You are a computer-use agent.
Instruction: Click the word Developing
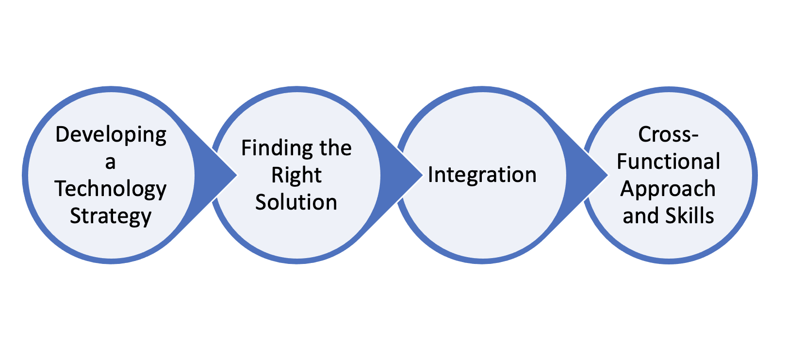[x=111, y=135]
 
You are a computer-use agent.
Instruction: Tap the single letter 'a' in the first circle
[x=111, y=163]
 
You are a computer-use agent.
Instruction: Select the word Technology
[x=111, y=189]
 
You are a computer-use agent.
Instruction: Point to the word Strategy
[x=111, y=216]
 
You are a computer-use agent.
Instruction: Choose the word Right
[x=296, y=175]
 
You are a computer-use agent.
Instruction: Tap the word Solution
[x=296, y=202]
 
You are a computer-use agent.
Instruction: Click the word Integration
[x=482, y=175]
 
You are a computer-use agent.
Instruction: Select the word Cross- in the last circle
[x=668, y=134]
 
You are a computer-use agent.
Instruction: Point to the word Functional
[x=668, y=162]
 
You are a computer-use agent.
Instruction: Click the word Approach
[x=668, y=189]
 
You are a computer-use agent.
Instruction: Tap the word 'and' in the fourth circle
[x=637, y=216]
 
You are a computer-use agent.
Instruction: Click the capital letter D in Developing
[x=62, y=135]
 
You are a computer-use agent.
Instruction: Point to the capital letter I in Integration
[x=430, y=175]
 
